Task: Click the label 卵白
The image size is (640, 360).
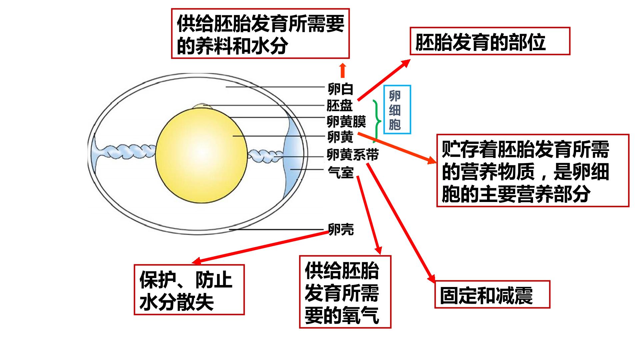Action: (x=340, y=89)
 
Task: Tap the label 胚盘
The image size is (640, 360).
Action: (x=339, y=106)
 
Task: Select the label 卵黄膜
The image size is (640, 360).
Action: (x=346, y=122)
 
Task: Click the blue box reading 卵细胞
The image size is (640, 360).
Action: (x=397, y=110)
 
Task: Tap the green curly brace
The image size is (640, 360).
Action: (x=377, y=121)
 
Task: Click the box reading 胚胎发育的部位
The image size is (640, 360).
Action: (x=490, y=41)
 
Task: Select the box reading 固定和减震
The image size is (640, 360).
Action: (x=492, y=294)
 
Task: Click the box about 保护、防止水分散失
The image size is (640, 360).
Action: (x=189, y=290)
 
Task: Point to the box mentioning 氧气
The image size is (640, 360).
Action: (x=345, y=292)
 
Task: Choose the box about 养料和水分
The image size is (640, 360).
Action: (x=260, y=34)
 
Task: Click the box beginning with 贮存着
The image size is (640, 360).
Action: (x=533, y=171)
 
